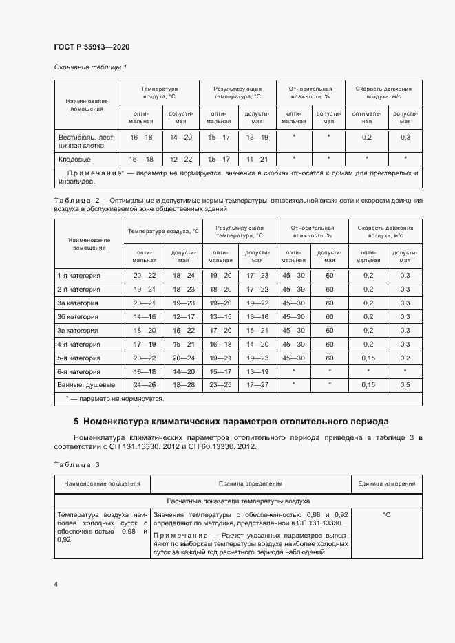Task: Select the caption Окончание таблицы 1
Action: pyautogui.click(x=90, y=67)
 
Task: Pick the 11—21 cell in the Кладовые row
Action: pyautogui.click(x=257, y=159)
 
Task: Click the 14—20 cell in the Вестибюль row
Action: pyautogui.click(x=181, y=138)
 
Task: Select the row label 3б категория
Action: pyautogui.click(x=78, y=316)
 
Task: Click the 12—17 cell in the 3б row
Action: pyautogui.click(x=184, y=316)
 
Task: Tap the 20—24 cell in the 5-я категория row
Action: pyautogui.click(x=184, y=358)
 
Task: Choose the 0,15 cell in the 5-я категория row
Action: pyautogui.click(x=368, y=358)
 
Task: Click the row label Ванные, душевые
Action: pyautogui.click(x=86, y=384)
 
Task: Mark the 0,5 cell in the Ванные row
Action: pyautogui.click(x=405, y=384)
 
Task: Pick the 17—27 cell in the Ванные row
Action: pyautogui.click(x=257, y=384)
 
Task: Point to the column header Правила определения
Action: pyautogui.click(x=251, y=483)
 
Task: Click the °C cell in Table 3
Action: pyautogui.click(x=386, y=514)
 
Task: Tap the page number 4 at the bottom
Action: pyautogui.click(x=56, y=584)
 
